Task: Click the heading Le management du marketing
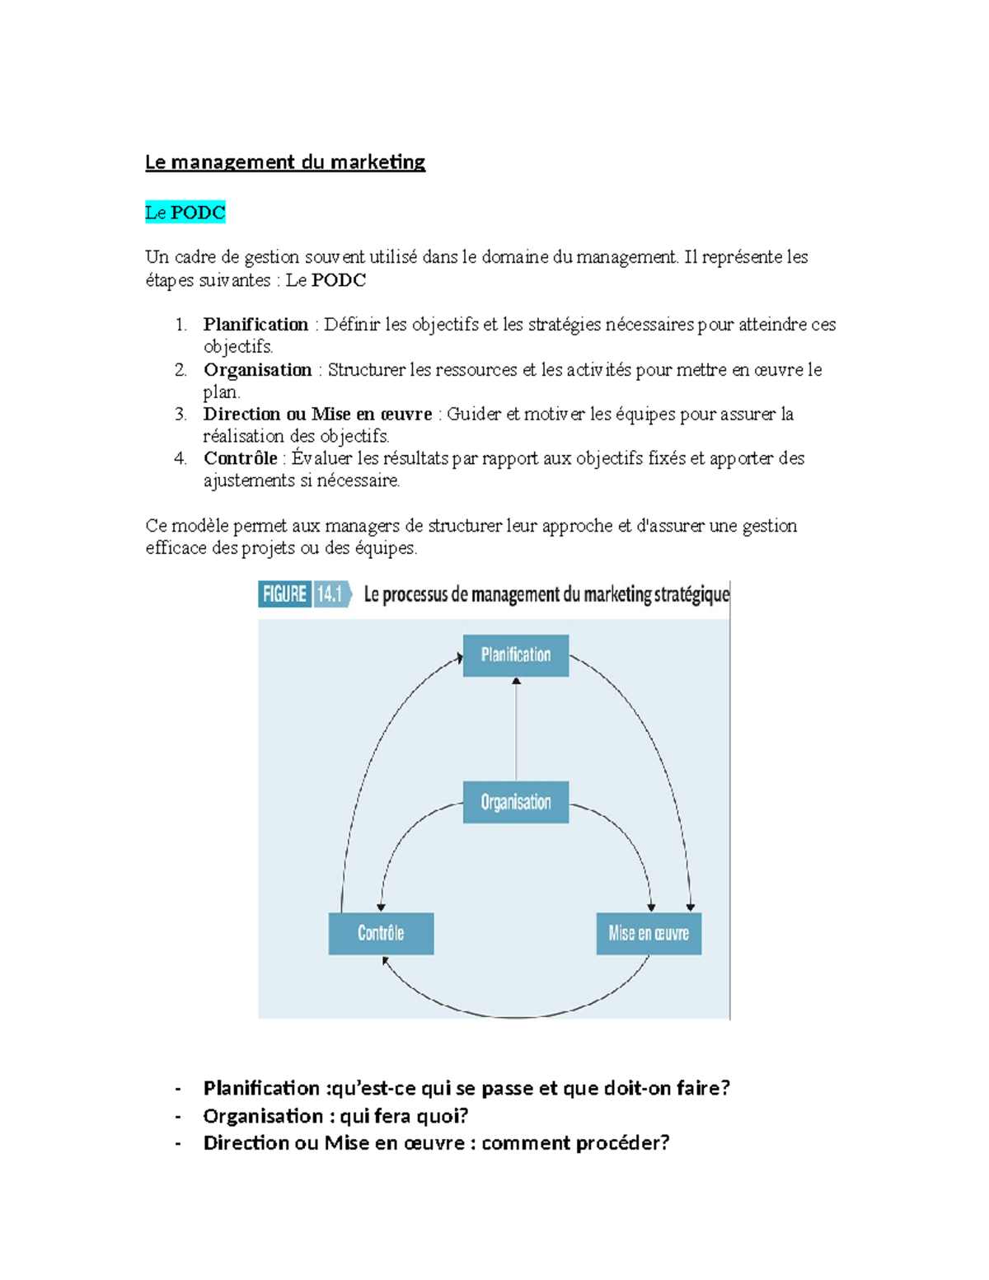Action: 284,162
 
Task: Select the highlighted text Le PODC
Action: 185,213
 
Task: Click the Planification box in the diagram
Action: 516,655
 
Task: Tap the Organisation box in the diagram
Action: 516,802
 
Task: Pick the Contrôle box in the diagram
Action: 381,933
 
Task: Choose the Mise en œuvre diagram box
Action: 649,933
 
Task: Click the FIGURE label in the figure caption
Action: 284,594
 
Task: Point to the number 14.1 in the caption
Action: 330,594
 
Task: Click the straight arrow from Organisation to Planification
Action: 517,729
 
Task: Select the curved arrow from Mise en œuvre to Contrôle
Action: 515,1016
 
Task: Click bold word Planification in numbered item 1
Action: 255,325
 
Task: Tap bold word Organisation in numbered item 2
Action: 257,370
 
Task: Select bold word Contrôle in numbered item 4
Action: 240,458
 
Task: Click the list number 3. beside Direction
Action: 180,415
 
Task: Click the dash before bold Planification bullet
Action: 178,1089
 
